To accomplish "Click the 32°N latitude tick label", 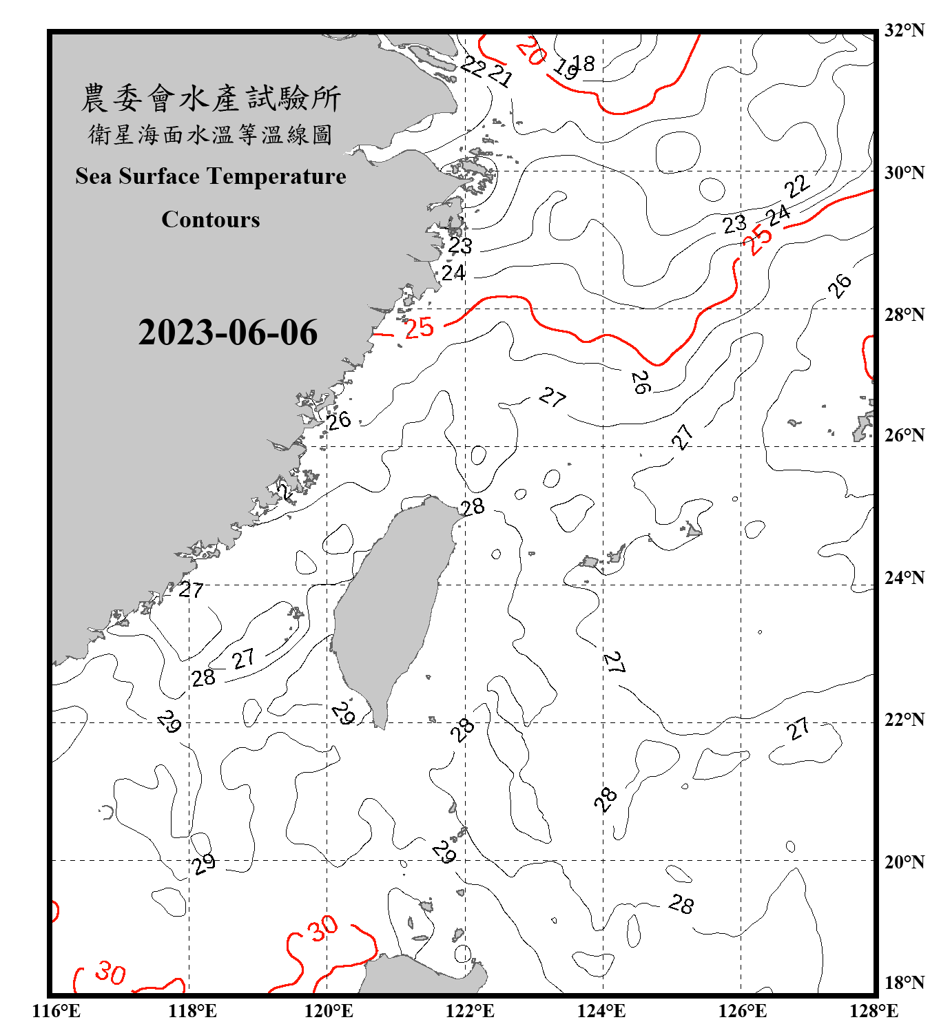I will coord(904,30).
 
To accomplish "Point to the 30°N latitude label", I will coord(904,173).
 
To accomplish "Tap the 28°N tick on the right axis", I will coord(904,315).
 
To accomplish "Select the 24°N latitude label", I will coord(904,578).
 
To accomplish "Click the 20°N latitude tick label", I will coord(904,862).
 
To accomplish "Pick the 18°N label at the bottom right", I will coord(904,983).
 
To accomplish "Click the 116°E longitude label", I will coord(56,1011).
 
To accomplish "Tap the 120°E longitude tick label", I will coord(329,1011).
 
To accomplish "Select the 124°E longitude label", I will coord(601,1011).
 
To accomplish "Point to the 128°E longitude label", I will coord(874,1011).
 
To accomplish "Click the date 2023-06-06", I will coord(228,333).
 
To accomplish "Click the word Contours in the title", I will coord(211,220).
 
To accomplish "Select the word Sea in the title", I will coord(94,176).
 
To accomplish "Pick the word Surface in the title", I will coord(159,176).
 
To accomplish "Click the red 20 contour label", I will coord(531,51).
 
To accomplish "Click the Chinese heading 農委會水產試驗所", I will coord(211,98).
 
